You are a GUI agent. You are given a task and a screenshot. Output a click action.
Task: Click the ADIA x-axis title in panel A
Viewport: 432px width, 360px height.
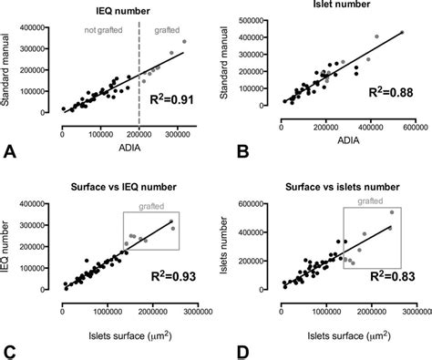tap(125, 146)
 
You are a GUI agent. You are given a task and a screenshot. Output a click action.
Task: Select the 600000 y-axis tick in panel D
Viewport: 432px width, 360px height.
tap(257, 202)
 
